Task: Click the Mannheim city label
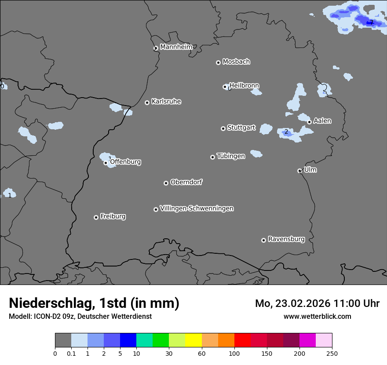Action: coord(176,47)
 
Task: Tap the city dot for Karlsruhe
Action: coord(147,102)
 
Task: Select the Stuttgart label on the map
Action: coord(241,128)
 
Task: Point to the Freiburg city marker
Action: coord(96,217)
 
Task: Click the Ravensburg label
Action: coord(286,239)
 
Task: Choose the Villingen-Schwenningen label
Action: coord(197,208)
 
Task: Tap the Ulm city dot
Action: coord(299,171)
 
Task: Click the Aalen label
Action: coord(322,121)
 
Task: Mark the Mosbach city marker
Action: coord(218,62)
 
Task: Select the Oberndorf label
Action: coord(186,182)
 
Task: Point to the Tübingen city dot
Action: coord(212,157)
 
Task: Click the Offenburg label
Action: coord(125,162)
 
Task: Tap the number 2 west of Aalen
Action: coord(286,132)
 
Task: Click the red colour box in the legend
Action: coord(242,340)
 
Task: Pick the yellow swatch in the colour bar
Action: coord(193,340)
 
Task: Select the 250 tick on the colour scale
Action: coord(332,353)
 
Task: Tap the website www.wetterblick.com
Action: coord(317,316)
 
